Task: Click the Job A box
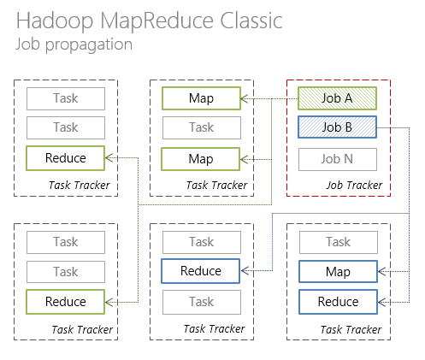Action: (337, 98)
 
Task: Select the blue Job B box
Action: (337, 128)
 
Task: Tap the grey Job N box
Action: (337, 159)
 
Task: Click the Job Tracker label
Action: (353, 186)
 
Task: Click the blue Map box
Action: (337, 272)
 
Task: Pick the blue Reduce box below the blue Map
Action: (337, 302)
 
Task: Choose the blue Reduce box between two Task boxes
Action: (201, 272)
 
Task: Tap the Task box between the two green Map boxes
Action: (201, 128)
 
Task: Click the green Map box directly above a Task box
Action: (201, 98)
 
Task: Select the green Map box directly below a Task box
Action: (201, 159)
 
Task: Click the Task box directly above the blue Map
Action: (337, 242)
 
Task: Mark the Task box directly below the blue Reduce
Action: (201, 302)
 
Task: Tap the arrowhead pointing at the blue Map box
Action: (381, 272)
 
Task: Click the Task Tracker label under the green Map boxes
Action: (216, 186)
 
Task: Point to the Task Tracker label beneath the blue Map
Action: (353, 329)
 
